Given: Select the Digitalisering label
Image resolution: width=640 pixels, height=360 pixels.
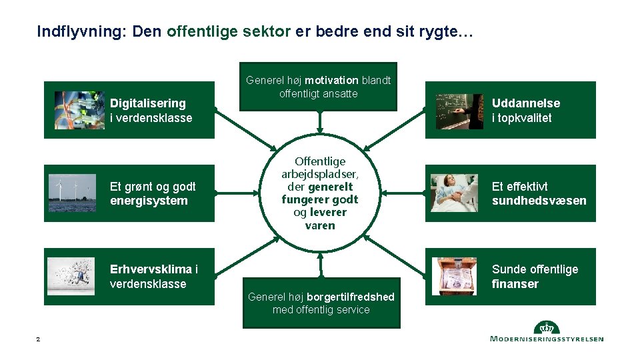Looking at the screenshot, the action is [x=147, y=103].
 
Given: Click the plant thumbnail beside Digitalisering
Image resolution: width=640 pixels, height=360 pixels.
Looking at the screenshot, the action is [x=79, y=110].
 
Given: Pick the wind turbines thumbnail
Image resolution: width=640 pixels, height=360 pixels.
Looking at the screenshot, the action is [x=72, y=193].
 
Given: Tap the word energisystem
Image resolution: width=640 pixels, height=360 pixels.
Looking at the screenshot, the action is [x=149, y=201].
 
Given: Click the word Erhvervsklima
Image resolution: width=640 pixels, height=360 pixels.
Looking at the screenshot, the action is [x=151, y=269].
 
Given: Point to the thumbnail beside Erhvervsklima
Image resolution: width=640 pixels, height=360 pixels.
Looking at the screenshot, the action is [x=72, y=276].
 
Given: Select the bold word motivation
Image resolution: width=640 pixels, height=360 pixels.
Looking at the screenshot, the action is [x=332, y=81].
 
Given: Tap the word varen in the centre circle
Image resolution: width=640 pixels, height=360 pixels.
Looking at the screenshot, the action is [x=320, y=225].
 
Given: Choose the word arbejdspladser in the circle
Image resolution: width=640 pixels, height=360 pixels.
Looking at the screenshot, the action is [x=320, y=174].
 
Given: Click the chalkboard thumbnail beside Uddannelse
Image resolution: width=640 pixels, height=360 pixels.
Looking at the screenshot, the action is [x=459, y=111].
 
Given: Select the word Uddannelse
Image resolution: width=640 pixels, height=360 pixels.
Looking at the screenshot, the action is [x=525, y=103].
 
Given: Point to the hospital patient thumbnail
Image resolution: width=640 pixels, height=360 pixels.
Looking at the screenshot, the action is [x=453, y=193].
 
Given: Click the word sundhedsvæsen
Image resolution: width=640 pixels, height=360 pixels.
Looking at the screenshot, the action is [x=539, y=201].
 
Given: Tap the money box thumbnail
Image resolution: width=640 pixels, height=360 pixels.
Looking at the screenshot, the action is [x=454, y=276].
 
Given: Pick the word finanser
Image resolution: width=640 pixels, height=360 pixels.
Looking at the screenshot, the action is [x=515, y=284].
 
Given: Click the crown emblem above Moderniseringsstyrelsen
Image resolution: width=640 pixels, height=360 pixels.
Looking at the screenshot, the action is [x=547, y=327].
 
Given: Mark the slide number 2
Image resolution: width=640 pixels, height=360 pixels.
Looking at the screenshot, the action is [x=38, y=340].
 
